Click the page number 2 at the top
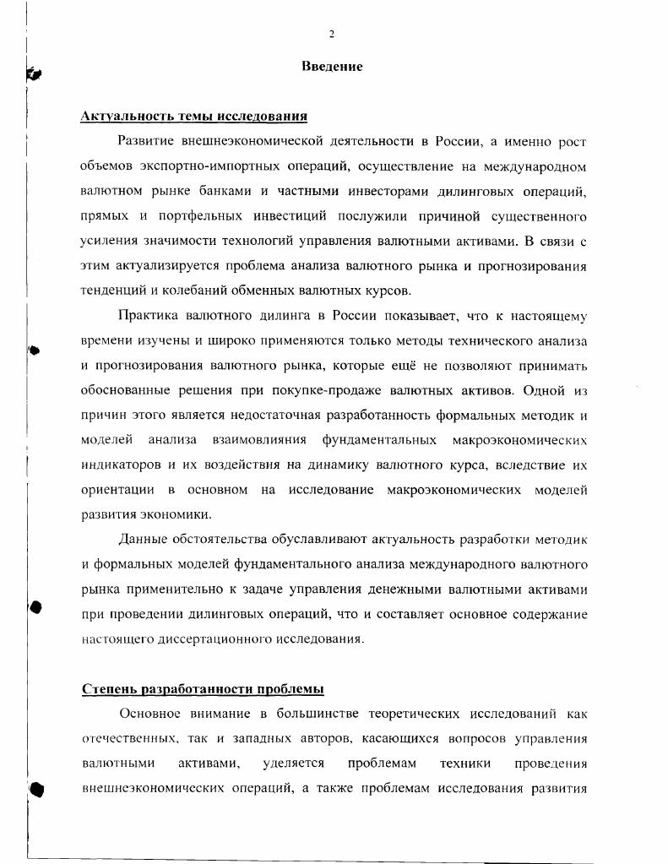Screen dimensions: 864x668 click(332, 34)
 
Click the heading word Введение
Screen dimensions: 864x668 click(332, 67)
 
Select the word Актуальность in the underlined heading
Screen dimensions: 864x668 click(124, 116)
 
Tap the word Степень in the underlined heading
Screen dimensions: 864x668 click(107, 689)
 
